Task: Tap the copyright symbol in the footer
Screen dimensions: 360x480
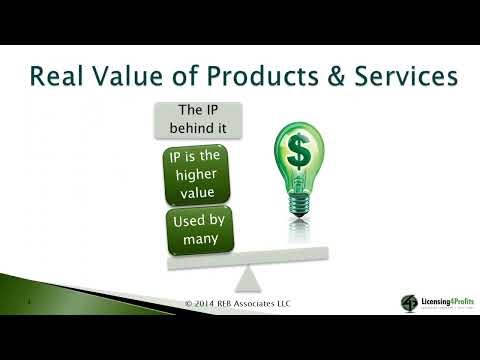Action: [x=190, y=303]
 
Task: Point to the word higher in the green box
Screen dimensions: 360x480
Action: [x=195, y=174]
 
